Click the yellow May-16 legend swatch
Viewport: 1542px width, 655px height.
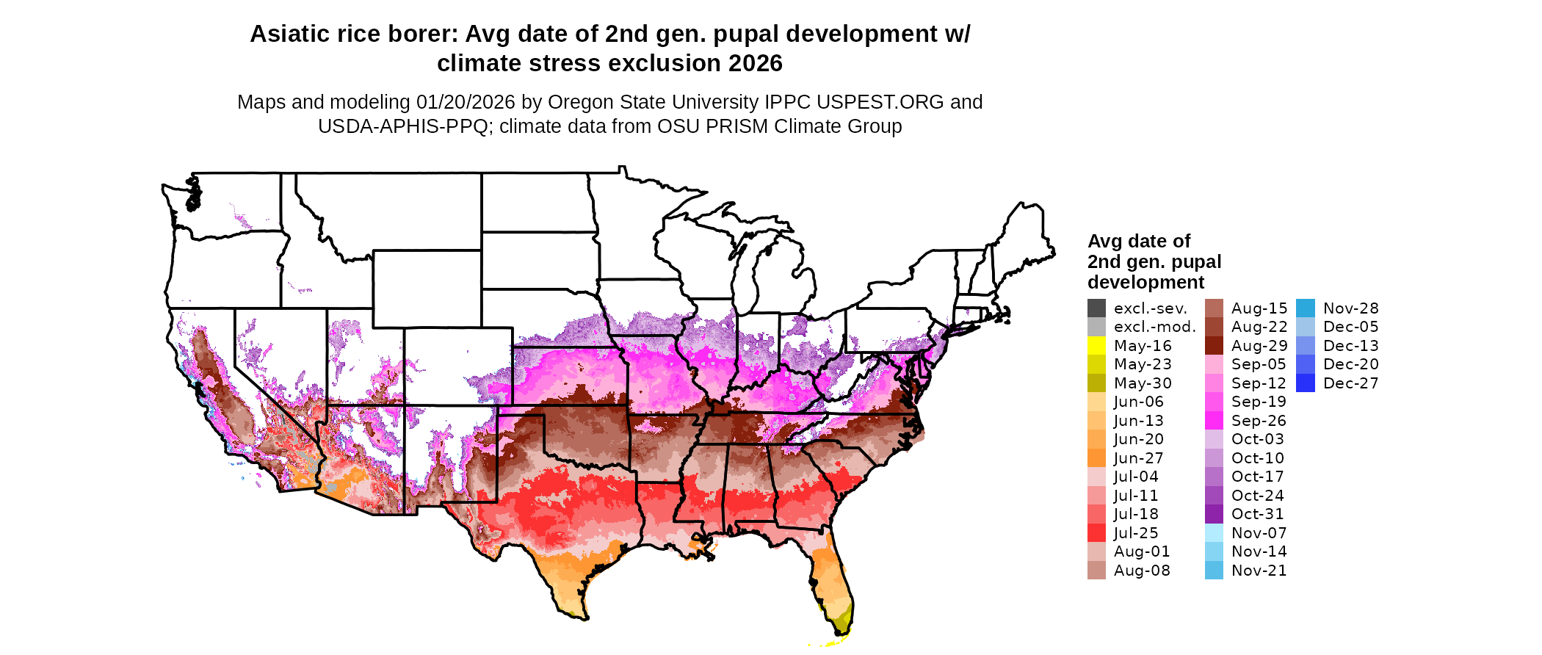[1096, 346]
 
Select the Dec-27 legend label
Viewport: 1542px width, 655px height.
[1350, 383]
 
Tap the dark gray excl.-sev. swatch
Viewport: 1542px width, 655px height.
[1096, 308]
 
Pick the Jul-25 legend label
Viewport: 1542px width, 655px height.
[1136, 533]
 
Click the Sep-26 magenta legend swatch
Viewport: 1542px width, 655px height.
[1214, 421]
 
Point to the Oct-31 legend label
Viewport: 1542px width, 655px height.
[1257, 514]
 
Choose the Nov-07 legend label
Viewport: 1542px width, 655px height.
[1259, 533]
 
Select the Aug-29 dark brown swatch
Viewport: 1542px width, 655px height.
[1214, 346]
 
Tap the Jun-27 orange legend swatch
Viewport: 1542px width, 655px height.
[1096, 458]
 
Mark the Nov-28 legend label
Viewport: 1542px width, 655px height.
[1350, 308]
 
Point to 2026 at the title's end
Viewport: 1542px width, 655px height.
[756, 64]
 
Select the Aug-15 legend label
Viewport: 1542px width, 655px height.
[1259, 308]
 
